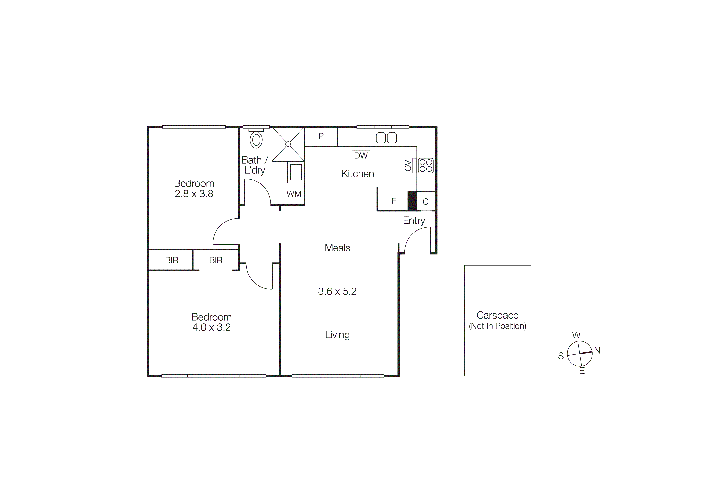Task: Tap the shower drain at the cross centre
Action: click(288, 144)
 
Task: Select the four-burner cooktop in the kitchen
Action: click(425, 166)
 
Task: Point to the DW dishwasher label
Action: click(361, 156)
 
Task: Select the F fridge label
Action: click(394, 201)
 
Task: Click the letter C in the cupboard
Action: click(425, 202)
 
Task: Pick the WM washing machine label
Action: click(293, 194)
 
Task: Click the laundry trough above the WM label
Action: click(296, 172)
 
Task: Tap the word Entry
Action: click(414, 221)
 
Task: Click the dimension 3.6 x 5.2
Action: click(337, 291)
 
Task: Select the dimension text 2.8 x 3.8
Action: click(194, 194)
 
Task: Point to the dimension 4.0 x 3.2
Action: click(212, 327)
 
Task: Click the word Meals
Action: click(337, 248)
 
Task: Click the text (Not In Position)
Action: click(497, 326)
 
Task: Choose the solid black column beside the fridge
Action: click(412, 201)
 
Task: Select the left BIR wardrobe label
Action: click(171, 260)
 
